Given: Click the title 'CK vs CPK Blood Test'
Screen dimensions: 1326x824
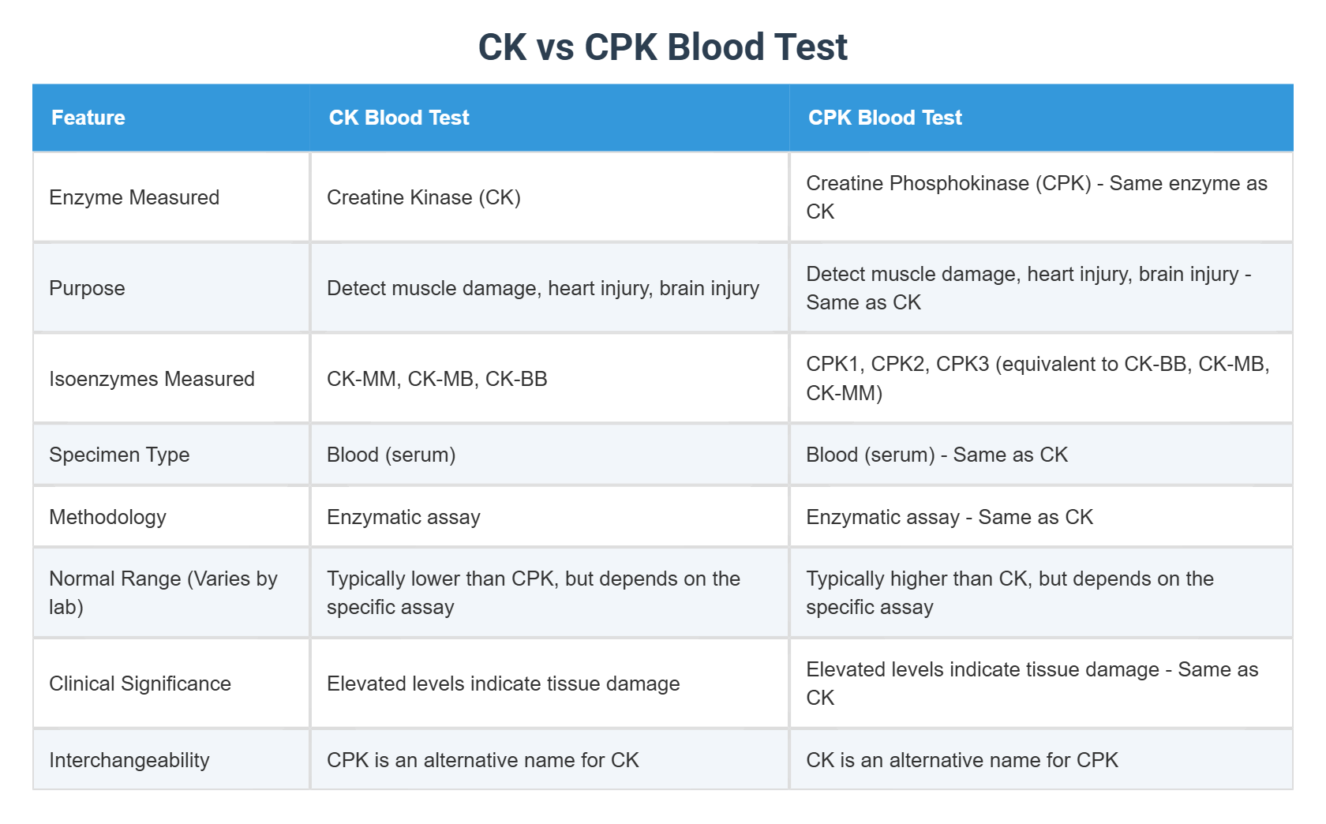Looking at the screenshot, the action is click(662, 47).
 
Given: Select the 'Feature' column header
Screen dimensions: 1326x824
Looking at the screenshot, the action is click(88, 117).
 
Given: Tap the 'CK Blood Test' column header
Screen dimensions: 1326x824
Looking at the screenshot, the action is click(399, 117).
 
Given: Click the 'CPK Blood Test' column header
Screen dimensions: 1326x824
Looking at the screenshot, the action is click(885, 117).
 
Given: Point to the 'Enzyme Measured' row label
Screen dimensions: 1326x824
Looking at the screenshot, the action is click(134, 197).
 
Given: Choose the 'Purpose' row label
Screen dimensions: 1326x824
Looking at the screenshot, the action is click(87, 287).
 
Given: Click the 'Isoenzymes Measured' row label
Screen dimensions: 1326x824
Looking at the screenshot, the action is click(152, 378).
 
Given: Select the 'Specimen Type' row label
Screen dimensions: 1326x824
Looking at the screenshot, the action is click(120, 454).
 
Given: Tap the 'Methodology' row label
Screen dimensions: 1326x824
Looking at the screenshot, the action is click(107, 517).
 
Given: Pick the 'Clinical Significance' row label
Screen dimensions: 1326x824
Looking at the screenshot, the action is click(140, 684).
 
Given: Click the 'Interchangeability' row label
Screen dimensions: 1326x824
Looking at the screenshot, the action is click(129, 759).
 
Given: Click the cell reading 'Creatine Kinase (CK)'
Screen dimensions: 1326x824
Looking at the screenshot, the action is click(424, 197).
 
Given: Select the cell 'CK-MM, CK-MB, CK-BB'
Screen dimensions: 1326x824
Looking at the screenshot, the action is click(437, 378).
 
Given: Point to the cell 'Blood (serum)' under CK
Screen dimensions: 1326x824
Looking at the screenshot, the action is click(391, 454).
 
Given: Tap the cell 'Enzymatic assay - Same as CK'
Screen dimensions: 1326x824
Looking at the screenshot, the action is click(950, 517).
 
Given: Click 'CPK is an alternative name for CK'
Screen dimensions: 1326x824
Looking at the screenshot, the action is click(483, 759).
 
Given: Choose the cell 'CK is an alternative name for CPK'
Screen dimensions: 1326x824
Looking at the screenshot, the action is click(962, 759).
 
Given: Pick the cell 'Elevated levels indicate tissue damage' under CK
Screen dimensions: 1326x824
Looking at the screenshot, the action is click(504, 684).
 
